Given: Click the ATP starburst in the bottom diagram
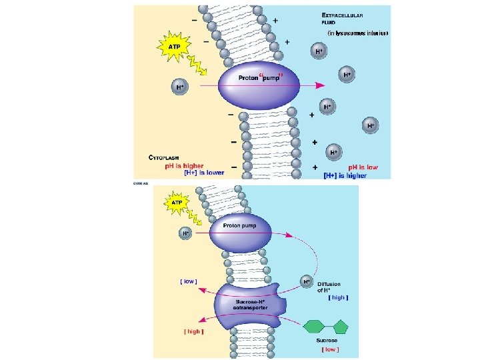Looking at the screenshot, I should [177, 201].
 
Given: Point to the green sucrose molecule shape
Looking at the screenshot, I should [326, 327].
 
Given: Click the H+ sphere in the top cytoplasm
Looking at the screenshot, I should [179, 87].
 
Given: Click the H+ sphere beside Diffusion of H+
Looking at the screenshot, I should [307, 281].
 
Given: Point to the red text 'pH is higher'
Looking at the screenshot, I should [175, 165].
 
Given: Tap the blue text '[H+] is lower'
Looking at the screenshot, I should [204, 173].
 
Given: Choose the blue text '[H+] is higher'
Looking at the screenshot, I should [345, 176].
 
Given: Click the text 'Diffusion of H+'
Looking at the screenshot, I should [331, 287].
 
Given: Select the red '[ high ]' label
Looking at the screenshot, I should [193, 331].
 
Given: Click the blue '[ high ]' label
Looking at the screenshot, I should [339, 297].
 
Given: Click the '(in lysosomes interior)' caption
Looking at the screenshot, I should [357, 32].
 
